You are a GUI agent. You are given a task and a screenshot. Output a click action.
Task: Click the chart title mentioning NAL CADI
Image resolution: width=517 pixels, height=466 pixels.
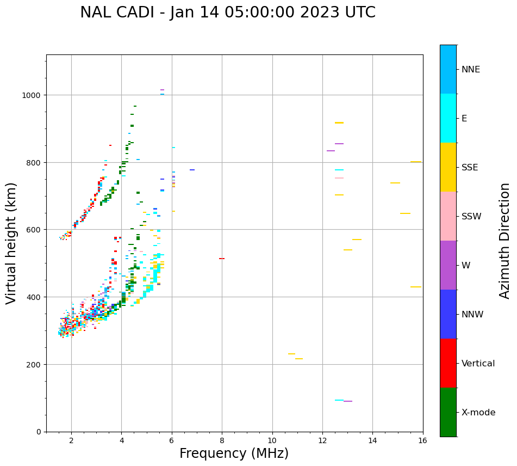click(x=227, y=13)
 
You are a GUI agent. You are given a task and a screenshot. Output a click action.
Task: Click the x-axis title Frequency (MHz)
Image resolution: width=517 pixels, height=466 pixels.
click(x=234, y=453)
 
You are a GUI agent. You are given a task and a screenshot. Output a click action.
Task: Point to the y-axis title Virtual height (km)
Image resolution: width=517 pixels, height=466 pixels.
click(x=11, y=243)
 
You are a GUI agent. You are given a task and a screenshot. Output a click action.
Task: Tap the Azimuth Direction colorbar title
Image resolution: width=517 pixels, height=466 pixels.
click(x=505, y=241)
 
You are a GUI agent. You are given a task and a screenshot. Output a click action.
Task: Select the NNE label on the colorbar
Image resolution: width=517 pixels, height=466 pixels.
click(x=471, y=69)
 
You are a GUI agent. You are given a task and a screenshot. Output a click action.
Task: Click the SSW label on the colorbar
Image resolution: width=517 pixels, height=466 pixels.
click(x=471, y=216)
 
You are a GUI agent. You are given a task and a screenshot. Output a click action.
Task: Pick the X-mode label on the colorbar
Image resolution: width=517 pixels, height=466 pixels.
click(x=478, y=412)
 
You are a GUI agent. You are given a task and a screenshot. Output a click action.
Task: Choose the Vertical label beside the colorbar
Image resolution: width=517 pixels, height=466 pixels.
click(x=478, y=363)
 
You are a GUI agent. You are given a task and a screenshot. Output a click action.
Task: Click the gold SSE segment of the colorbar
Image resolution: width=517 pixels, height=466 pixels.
click(x=448, y=167)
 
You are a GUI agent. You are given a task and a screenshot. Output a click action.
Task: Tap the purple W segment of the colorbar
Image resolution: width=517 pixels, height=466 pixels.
click(x=448, y=265)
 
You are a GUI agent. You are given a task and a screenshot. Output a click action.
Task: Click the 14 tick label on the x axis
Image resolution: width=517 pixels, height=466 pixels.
click(x=372, y=440)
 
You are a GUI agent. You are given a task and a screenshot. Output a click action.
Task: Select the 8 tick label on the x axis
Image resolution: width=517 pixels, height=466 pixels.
click(x=222, y=440)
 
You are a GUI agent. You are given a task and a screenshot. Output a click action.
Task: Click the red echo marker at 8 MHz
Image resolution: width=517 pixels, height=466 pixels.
click(x=222, y=259)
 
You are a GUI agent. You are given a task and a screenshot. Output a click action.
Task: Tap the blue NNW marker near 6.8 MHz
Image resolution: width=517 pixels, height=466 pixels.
click(x=192, y=170)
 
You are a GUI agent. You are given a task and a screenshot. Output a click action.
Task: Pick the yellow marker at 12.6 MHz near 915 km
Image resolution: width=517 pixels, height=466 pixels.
click(x=339, y=123)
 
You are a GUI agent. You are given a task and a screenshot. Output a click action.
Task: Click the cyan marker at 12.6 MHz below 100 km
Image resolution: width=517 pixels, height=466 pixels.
click(x=339, y=400)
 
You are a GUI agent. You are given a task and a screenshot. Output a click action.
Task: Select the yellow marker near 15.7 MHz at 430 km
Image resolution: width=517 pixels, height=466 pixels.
click(x=416, y=287)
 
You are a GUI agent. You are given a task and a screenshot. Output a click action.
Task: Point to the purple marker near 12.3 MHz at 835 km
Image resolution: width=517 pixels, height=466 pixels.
click(x=331, y=151)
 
